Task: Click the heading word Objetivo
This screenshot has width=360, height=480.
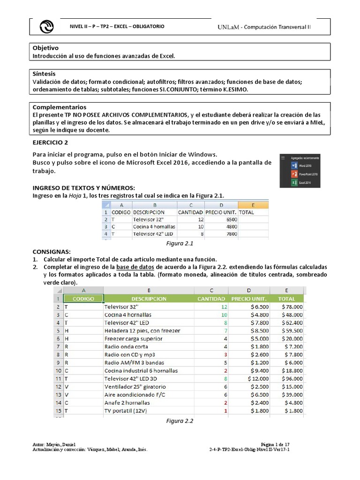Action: [45, 48]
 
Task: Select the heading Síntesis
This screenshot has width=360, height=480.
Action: [44, 74]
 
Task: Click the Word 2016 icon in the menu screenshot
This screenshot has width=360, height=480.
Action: [294, 166]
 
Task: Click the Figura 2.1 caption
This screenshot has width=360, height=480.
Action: [180, 244]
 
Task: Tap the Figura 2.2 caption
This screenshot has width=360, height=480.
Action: [180, 420]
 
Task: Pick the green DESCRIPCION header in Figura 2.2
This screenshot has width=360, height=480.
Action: [149, 299]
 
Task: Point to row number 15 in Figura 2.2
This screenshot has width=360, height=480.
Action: [59, 411]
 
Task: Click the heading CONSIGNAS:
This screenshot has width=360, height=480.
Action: [51, 252]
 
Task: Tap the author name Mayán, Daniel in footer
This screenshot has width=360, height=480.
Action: [62, 444]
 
